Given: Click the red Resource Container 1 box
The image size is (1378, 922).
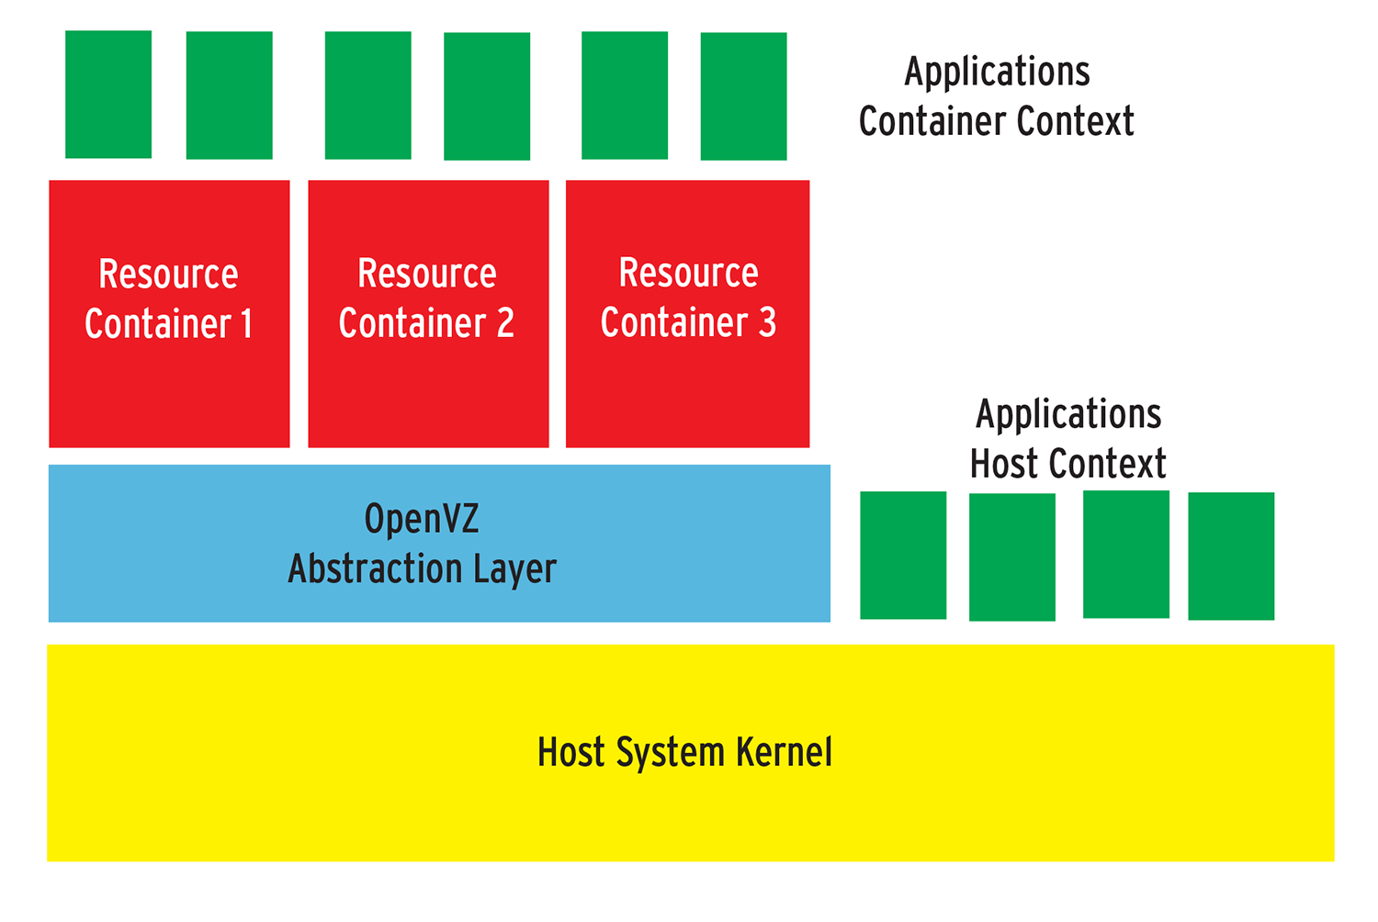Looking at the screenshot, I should pos(169,386).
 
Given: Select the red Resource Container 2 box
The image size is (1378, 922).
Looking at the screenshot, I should pos(428,386).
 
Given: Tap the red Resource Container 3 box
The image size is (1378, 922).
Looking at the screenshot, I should pos(687,386).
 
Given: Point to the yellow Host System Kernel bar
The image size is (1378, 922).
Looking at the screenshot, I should pos(689,808).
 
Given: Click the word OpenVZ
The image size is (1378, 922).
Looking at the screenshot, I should pos(422,520).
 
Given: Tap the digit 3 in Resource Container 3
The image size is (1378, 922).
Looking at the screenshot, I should pos(767,323).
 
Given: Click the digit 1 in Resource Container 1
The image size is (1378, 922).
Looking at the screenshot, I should pos(246,324).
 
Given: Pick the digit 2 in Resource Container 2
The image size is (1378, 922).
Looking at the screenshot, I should pos(505,323).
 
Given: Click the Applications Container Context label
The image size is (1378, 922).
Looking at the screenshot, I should pos(997,96).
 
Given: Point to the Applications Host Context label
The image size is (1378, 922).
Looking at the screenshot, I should pos(1067,439).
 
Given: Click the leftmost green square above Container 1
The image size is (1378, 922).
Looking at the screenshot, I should pos(108,95).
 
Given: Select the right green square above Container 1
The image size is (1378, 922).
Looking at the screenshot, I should pos(229,96).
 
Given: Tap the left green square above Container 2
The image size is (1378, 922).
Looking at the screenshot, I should pos(367,96).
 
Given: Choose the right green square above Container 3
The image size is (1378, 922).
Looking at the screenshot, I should pos(743,96).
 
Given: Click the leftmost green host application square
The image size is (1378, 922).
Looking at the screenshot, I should pos(903,556).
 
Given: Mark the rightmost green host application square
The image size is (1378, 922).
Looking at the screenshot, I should pos(1231,557).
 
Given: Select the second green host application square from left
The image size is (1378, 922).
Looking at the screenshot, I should pos(1011,557).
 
